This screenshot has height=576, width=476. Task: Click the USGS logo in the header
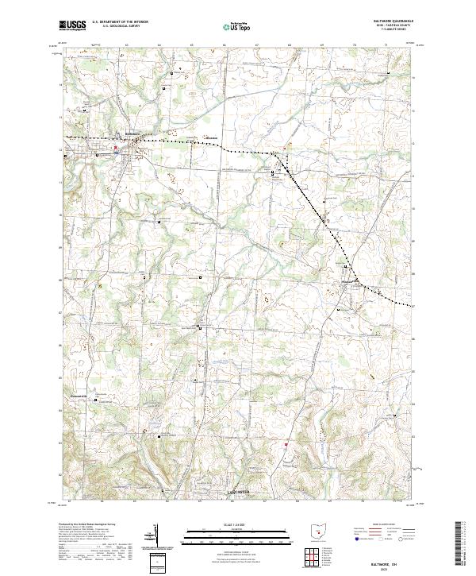72,25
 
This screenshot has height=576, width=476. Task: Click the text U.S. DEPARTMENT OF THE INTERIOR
120,22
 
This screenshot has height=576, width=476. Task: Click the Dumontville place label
83,394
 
